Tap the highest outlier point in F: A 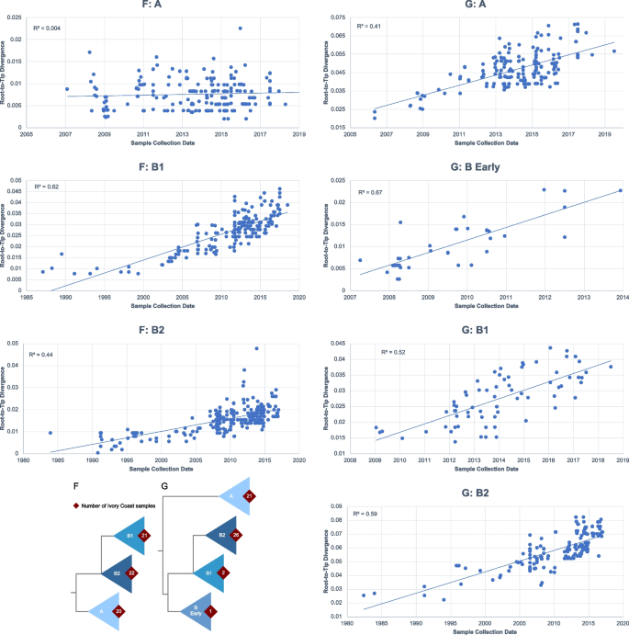[240, 28]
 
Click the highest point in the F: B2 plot [256, 348]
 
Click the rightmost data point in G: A [614, 51]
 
